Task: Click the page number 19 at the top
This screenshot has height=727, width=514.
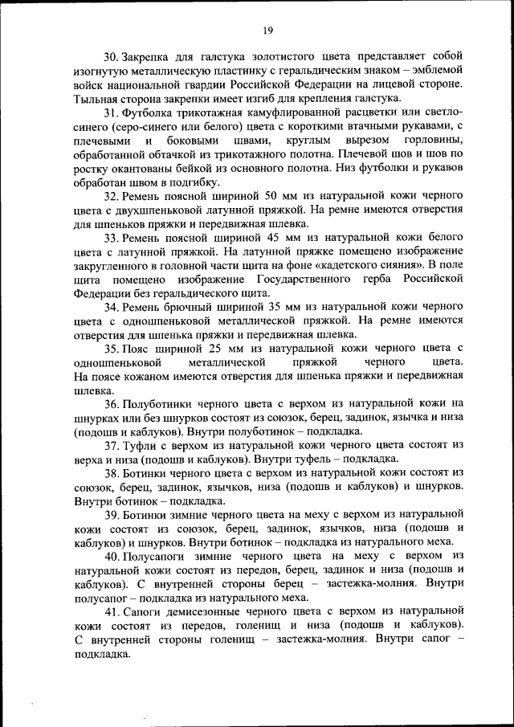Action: tap(268, 31)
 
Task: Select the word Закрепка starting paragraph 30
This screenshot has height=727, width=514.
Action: tap(148, 56)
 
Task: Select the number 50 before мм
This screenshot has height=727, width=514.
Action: tap(270, 196)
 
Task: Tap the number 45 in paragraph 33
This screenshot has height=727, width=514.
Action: tap(270, 239)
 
